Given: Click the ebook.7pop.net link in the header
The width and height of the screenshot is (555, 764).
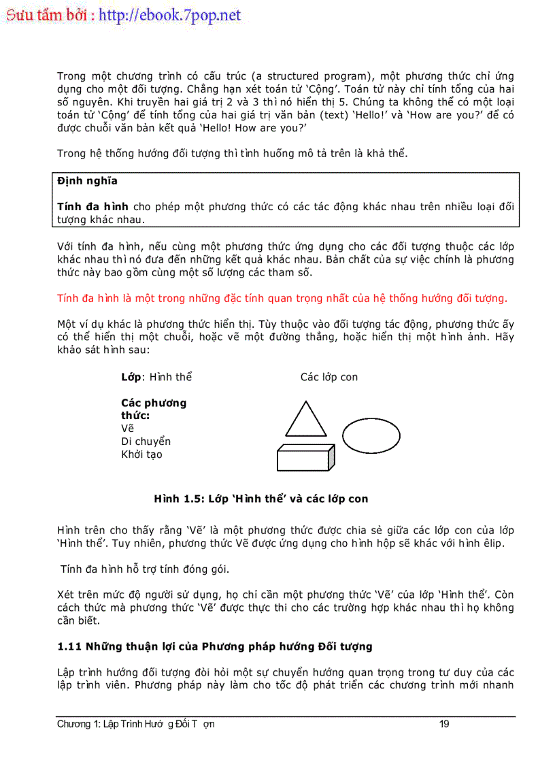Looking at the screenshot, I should pyautogui.click(x=170, y=16).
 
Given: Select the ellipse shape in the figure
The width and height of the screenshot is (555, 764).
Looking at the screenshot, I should pyautogui.click(x=371, y=436).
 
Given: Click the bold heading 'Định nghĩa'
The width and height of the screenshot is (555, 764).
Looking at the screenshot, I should pyautogui.click(x=87, y=181).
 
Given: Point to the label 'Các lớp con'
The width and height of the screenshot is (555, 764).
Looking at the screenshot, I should pyautogui.click(x=329, y=377).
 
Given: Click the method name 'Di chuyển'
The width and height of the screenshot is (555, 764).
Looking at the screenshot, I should pyautogui.click(x=146, y=442).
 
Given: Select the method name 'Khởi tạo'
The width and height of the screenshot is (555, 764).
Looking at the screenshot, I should pyautogui.click(x=141, y=454).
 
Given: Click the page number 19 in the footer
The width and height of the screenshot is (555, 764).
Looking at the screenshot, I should pyautogui.click(x=444, y=724).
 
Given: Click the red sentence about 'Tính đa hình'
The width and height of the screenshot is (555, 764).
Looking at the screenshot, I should pyautogui.click(x=282, y=298).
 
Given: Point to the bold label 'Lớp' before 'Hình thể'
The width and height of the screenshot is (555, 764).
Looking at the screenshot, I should pyautogui.click(x=131, y=377).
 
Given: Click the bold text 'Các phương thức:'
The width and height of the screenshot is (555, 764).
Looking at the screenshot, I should pyautogui.click(x=153, y=409).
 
